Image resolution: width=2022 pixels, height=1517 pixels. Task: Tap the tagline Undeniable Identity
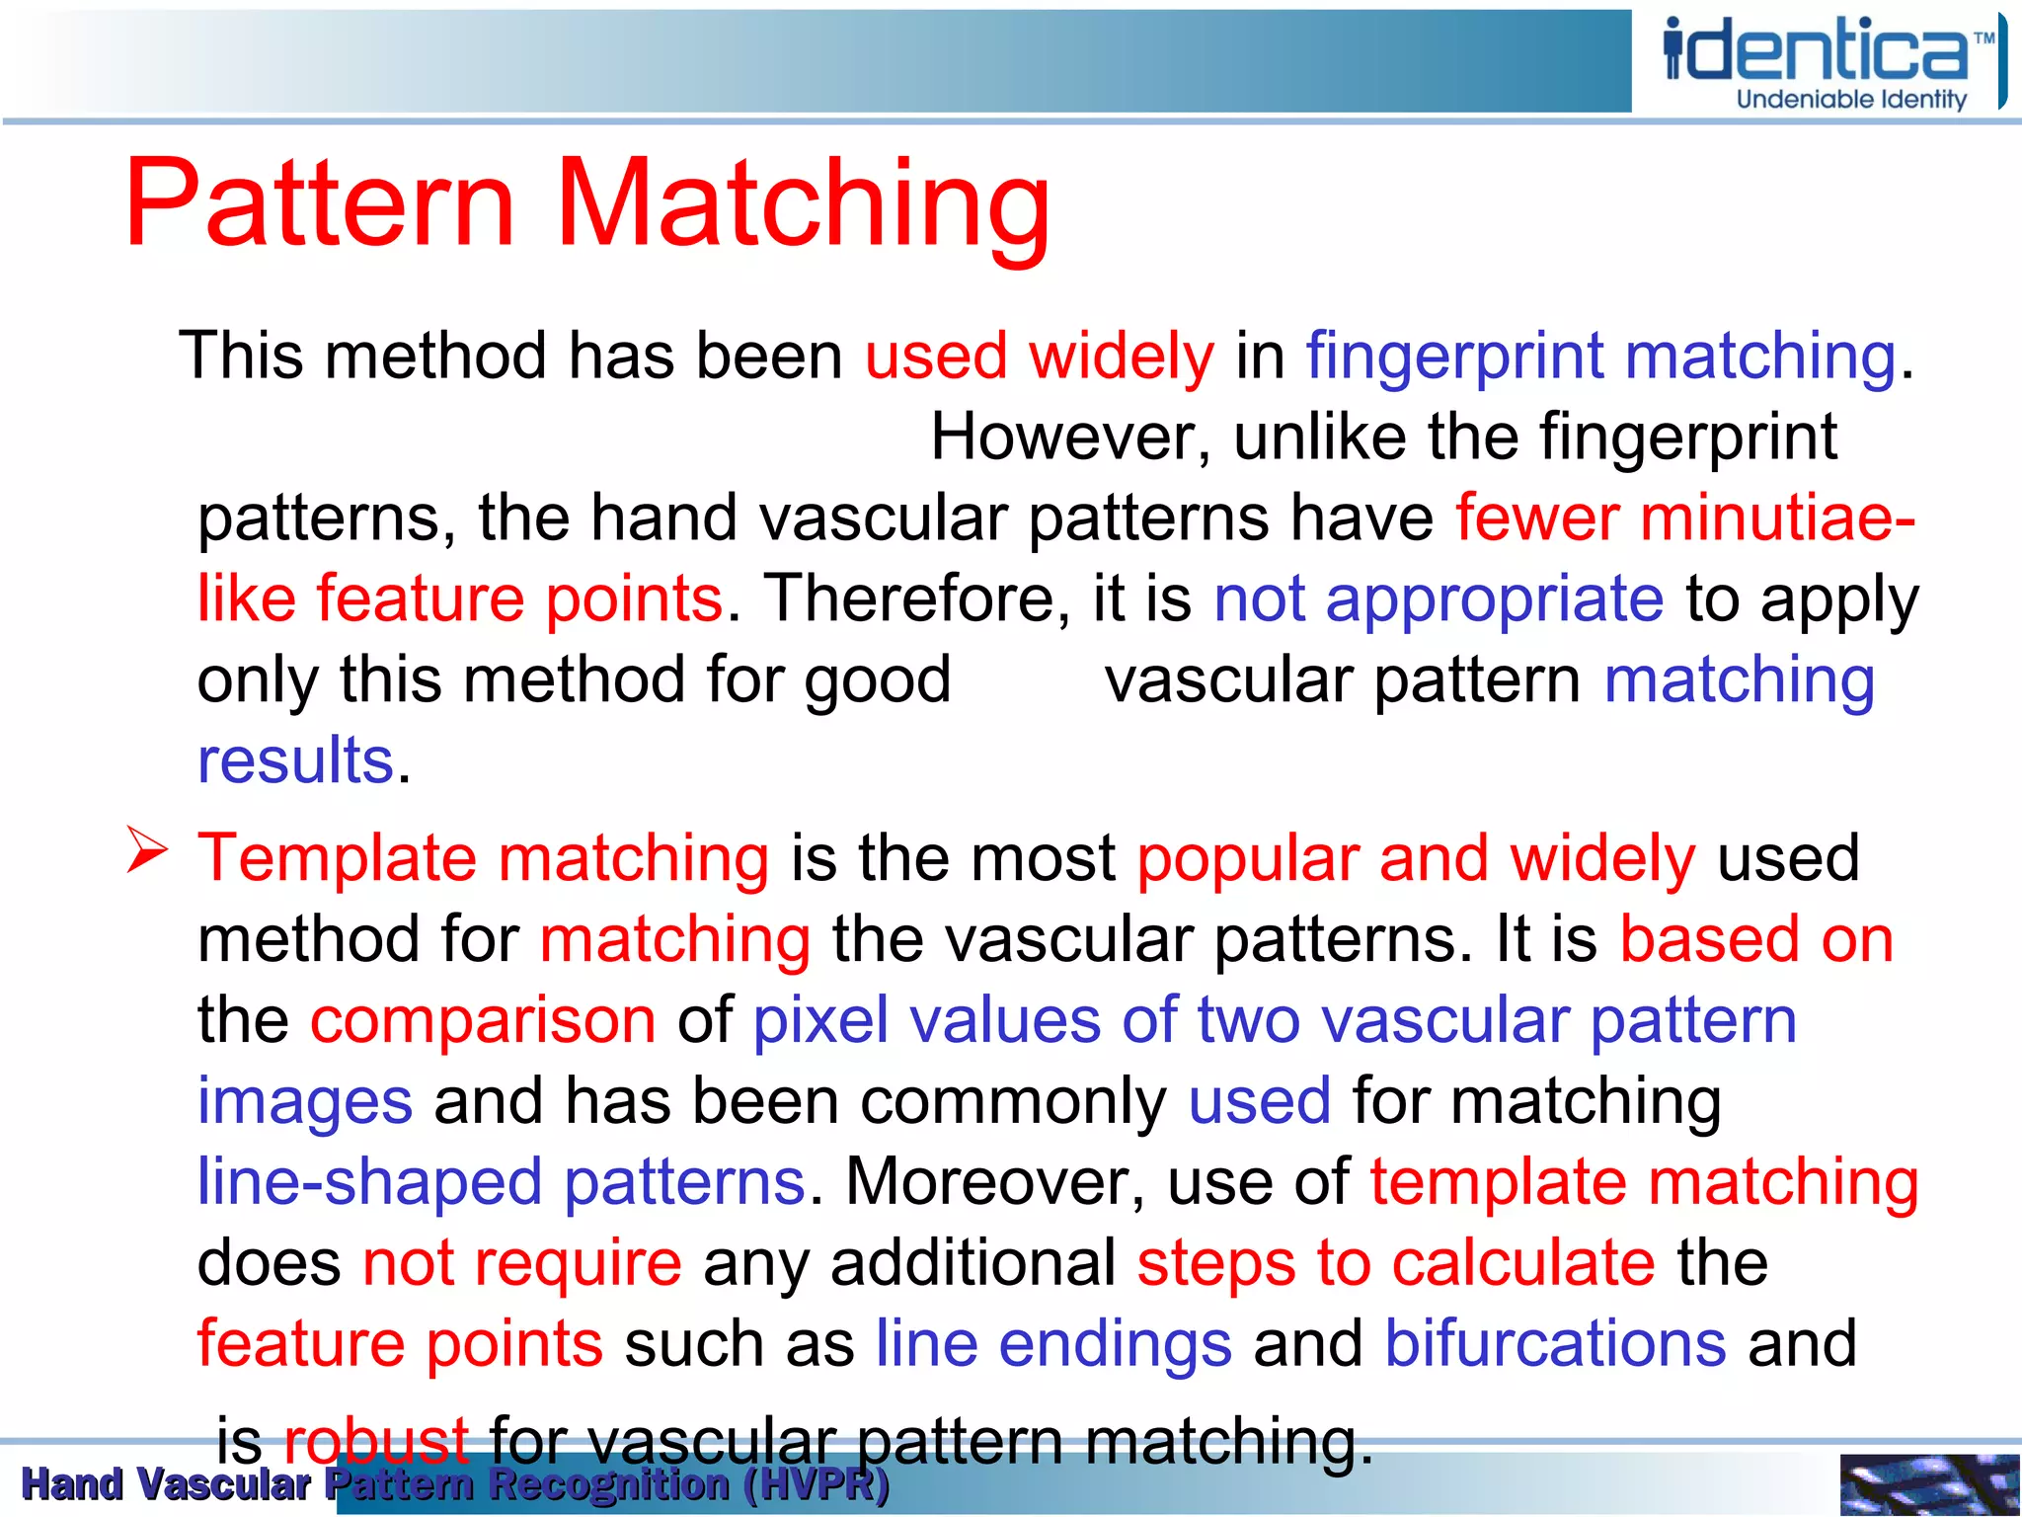[x=1851, y=100]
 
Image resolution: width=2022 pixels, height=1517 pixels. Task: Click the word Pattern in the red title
[x=321, y=203]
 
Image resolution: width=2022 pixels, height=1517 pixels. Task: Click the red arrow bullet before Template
[x=148, y=851]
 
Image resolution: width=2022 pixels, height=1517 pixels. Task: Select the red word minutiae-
[x=1777, y=518]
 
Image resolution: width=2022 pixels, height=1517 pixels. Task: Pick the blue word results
[x=295, y=760]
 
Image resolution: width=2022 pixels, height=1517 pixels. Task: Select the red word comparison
[x=483, y=1021]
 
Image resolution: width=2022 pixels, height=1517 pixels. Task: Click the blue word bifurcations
[x=1555, y=1344]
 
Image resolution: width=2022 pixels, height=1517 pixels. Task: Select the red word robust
[x=375, y=1441]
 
